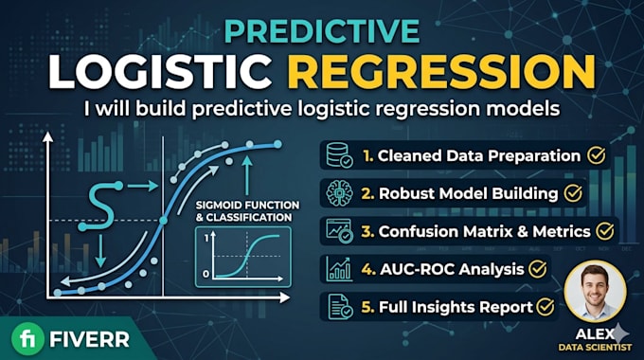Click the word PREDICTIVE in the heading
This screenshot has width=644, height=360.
point(322,31)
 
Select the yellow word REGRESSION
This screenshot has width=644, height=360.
point(441,71)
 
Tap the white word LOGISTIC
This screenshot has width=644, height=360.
point(161,71)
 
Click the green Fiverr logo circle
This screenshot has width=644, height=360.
point(27,339)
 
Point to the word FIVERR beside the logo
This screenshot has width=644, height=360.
point(89,339)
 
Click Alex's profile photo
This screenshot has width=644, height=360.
point(595,292)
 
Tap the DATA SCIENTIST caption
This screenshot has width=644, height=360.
point(595,348)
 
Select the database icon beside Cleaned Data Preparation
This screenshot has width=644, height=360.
point(339,155)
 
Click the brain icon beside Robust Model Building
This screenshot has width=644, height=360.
point(339,193)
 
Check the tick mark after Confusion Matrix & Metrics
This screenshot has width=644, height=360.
point(605,231)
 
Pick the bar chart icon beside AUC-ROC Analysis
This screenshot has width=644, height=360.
point(339,269)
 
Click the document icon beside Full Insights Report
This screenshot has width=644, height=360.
point(340,307)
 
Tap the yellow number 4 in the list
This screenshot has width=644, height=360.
point(368,269)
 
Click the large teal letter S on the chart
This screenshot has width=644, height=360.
point(101,206)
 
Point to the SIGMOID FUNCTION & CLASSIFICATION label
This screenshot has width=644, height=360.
point(247,211)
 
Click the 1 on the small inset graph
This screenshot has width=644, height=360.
point(206,238)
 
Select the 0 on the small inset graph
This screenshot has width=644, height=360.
point(206,274)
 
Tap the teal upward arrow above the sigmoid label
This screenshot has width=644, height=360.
point(247,175)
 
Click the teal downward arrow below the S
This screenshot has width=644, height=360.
point(100,251)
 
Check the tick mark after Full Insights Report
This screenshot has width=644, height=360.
point(545,307)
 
